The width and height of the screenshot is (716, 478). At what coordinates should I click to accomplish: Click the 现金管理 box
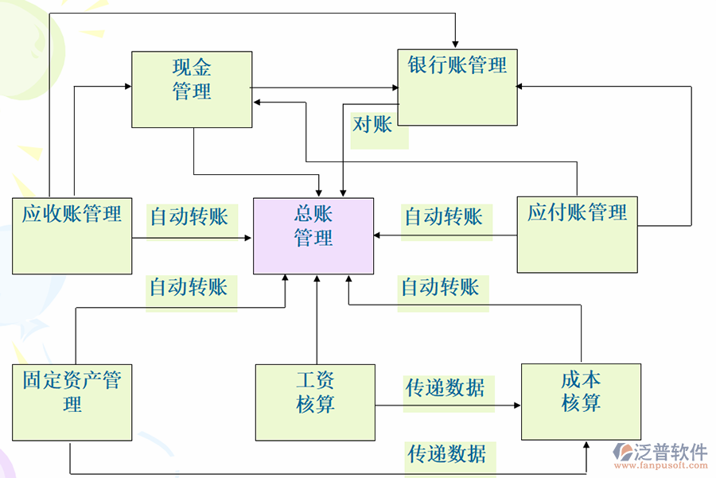(x=192, y=89)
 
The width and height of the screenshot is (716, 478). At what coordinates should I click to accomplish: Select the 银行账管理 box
(x=457, y=87)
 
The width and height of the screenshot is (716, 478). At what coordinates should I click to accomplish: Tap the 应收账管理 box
(x=72, y=235)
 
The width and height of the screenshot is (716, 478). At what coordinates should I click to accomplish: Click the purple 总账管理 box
(x=313, y=236)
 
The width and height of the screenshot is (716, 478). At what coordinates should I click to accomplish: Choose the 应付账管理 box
(x=577, y=235)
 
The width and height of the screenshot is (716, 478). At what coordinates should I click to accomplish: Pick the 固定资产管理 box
(x=72, y=402)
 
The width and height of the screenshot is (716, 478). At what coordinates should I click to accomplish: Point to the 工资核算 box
(x=315, y=402)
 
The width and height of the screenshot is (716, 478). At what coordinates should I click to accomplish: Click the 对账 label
(x=373, y=124)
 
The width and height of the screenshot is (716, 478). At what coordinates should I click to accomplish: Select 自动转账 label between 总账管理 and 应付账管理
(x=444, y=216)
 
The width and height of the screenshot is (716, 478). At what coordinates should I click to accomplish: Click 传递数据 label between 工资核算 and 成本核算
(x=446, y=387)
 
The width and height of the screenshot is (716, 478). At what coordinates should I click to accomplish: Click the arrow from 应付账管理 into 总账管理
(x=446, y=235)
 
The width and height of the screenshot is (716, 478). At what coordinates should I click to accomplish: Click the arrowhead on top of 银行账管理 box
(x=456, y=43)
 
